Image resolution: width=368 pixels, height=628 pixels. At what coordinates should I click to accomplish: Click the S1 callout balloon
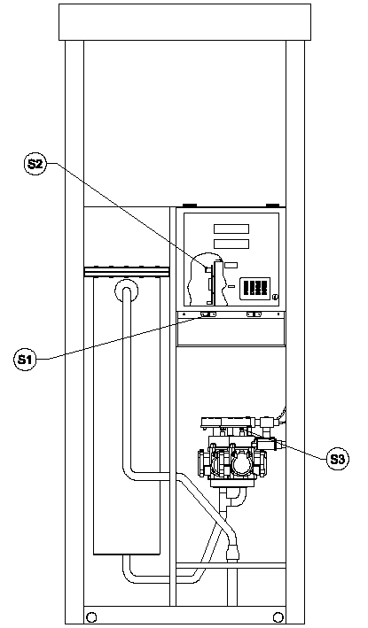[x=25, y=360]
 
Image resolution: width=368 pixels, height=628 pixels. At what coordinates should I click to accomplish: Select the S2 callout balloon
[x=35, y=164]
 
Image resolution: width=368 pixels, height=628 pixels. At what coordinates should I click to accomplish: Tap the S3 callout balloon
[x=337, y=460]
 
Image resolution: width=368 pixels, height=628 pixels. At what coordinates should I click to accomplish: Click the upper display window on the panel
[x=231, y=229]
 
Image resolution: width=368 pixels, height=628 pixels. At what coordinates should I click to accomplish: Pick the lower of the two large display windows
[x=231, y=244]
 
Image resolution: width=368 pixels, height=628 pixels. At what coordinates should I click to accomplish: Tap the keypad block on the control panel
[x=255, y=289]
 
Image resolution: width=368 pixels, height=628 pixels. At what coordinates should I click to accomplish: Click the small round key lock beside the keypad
[x=275, y=297]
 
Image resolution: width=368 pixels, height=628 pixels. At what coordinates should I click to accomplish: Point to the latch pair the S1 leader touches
[x=208, y=314]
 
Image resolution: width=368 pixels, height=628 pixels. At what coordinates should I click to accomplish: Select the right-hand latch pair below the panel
[x=254, y=314]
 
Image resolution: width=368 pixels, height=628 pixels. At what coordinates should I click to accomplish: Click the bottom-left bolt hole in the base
[x=91, y=617]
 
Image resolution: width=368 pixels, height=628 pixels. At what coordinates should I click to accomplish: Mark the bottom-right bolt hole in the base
[x=278, y=617]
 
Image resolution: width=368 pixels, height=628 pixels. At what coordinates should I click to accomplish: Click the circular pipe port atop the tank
[x=127, y=291]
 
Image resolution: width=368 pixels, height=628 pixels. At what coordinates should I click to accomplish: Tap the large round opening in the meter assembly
[x=243, y=465]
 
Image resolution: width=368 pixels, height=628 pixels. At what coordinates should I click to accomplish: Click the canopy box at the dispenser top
[x=184, y=22]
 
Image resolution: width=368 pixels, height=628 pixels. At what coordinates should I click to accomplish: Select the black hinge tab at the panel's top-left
[x=190, y=205]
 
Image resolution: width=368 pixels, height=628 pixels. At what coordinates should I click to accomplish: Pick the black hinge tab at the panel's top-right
[x=272, y=205]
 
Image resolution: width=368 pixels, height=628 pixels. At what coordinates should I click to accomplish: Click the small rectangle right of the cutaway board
[x=231, y=265]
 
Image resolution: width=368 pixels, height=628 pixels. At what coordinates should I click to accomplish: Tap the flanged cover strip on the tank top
[x=127, y=272]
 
